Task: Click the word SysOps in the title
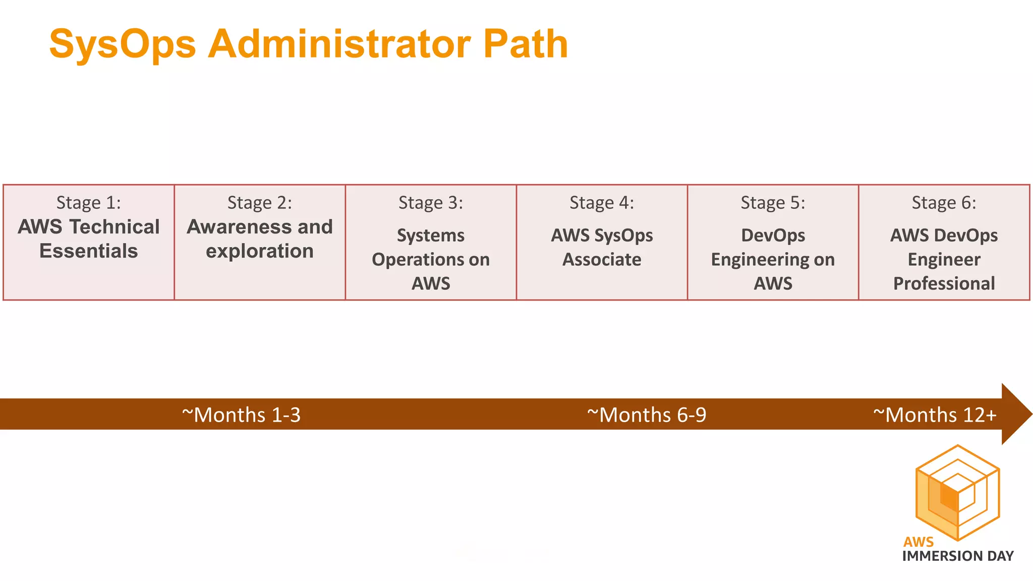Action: point(123,44)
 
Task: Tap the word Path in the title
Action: point(526,44)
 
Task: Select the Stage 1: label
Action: point(89,203)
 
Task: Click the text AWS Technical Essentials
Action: point(89,239)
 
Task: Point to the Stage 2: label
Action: point(260,203)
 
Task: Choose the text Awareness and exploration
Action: point(260,239)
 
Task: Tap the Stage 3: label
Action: point(431,203)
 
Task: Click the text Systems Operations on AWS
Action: point(431,259)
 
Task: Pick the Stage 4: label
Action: point(602,203)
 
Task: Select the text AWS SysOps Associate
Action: point(602,247)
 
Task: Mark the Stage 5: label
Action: point(773,203)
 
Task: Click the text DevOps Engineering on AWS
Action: point(773,259)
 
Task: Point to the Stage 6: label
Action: point(944,203)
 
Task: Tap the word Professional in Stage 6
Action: point(944,283)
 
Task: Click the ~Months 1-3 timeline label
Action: point(241,415)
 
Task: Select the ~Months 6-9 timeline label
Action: point(647,415)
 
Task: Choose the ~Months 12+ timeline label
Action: point(935,415)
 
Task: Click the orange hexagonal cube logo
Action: point(957,493)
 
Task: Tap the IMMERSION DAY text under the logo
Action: point(958,556)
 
